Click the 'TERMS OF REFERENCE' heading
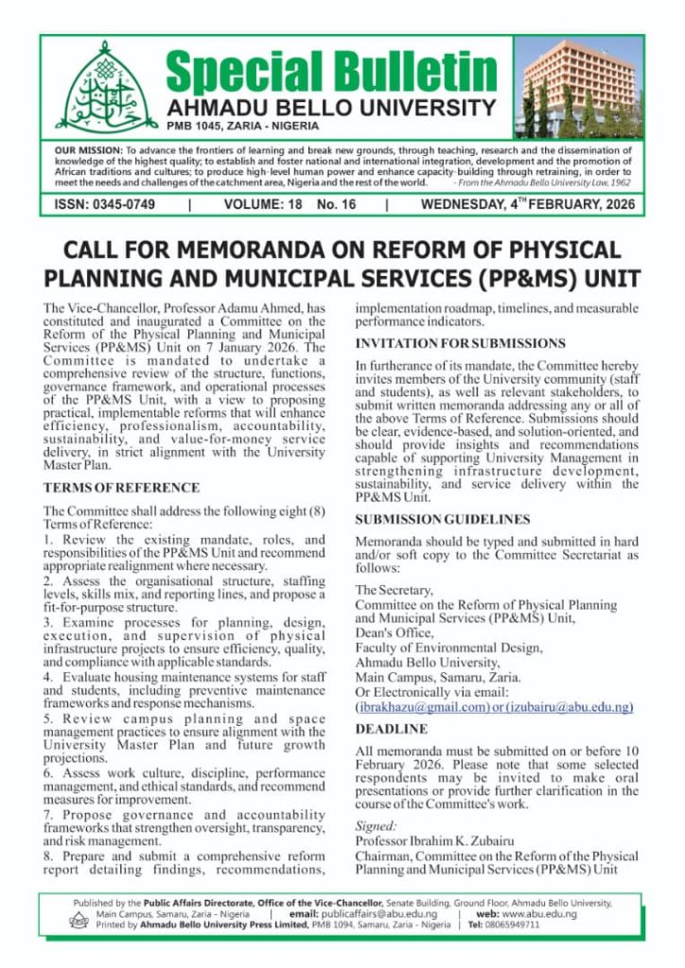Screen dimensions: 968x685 coord(121,488)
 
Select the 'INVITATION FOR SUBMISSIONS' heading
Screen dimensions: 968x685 coord(460,343)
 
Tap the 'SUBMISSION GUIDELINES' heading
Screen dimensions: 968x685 coord(442,519)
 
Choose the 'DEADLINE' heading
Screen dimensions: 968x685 coord(391,729)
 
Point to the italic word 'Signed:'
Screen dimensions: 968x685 coord(376,825)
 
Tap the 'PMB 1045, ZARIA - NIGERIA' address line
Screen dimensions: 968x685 coord(243,126)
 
